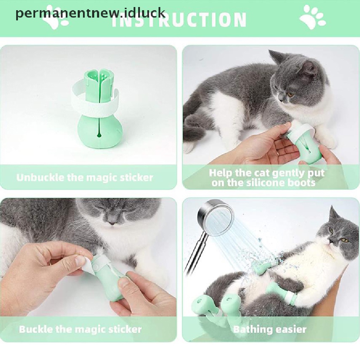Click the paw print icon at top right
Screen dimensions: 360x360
(313, 17)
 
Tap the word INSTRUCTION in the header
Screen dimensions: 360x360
(179, 20)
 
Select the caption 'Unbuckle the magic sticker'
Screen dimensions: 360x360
(85, 177)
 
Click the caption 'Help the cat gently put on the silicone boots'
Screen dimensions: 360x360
(266, 178)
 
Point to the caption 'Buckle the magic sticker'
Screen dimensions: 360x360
(80, 329)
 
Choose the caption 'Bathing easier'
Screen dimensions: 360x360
(270, 329)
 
